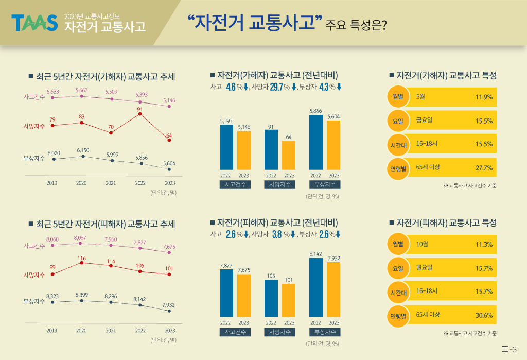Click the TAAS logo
tap(34, 23)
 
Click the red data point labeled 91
tap(140, 114)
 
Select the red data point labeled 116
tap(82, 263)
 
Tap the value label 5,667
tap(82, 90)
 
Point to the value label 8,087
tap(80, 238)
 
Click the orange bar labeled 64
tap(289, 156)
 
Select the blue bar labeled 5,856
tap(316, 142)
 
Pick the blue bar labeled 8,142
tap(316, 288)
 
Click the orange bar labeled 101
tap(289, 301)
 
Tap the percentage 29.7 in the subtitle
tap(276, 87)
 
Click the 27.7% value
tap(484, 168)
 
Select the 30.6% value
tap(484, 315)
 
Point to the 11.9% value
tap(484, 97)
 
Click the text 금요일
tap(424, 120)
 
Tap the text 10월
tap(422, 244)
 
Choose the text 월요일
tap(424, 267)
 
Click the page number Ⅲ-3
tap(509, 349)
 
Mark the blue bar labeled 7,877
tap(226, 294)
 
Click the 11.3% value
tap(484, 245)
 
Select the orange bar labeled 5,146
tap(244, 151)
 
